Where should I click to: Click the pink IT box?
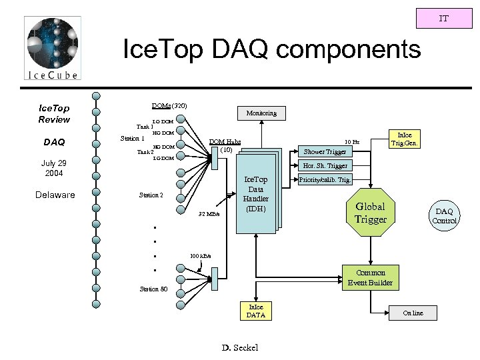click(x=443, y=19)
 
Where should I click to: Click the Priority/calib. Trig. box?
click(x=325, y=180)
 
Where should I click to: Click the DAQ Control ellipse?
click(x=443, y=215)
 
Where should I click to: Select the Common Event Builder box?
click(x=370, y=277)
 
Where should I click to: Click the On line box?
click(x=413, y=313)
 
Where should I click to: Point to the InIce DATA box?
click(x=255, y=311)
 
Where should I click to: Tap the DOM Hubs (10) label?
click(x=225, y=145)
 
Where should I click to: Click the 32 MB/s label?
click(x=209, y=215)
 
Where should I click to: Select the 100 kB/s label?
click(x=201, y=255)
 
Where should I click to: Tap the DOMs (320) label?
click(x=169, y=105)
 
